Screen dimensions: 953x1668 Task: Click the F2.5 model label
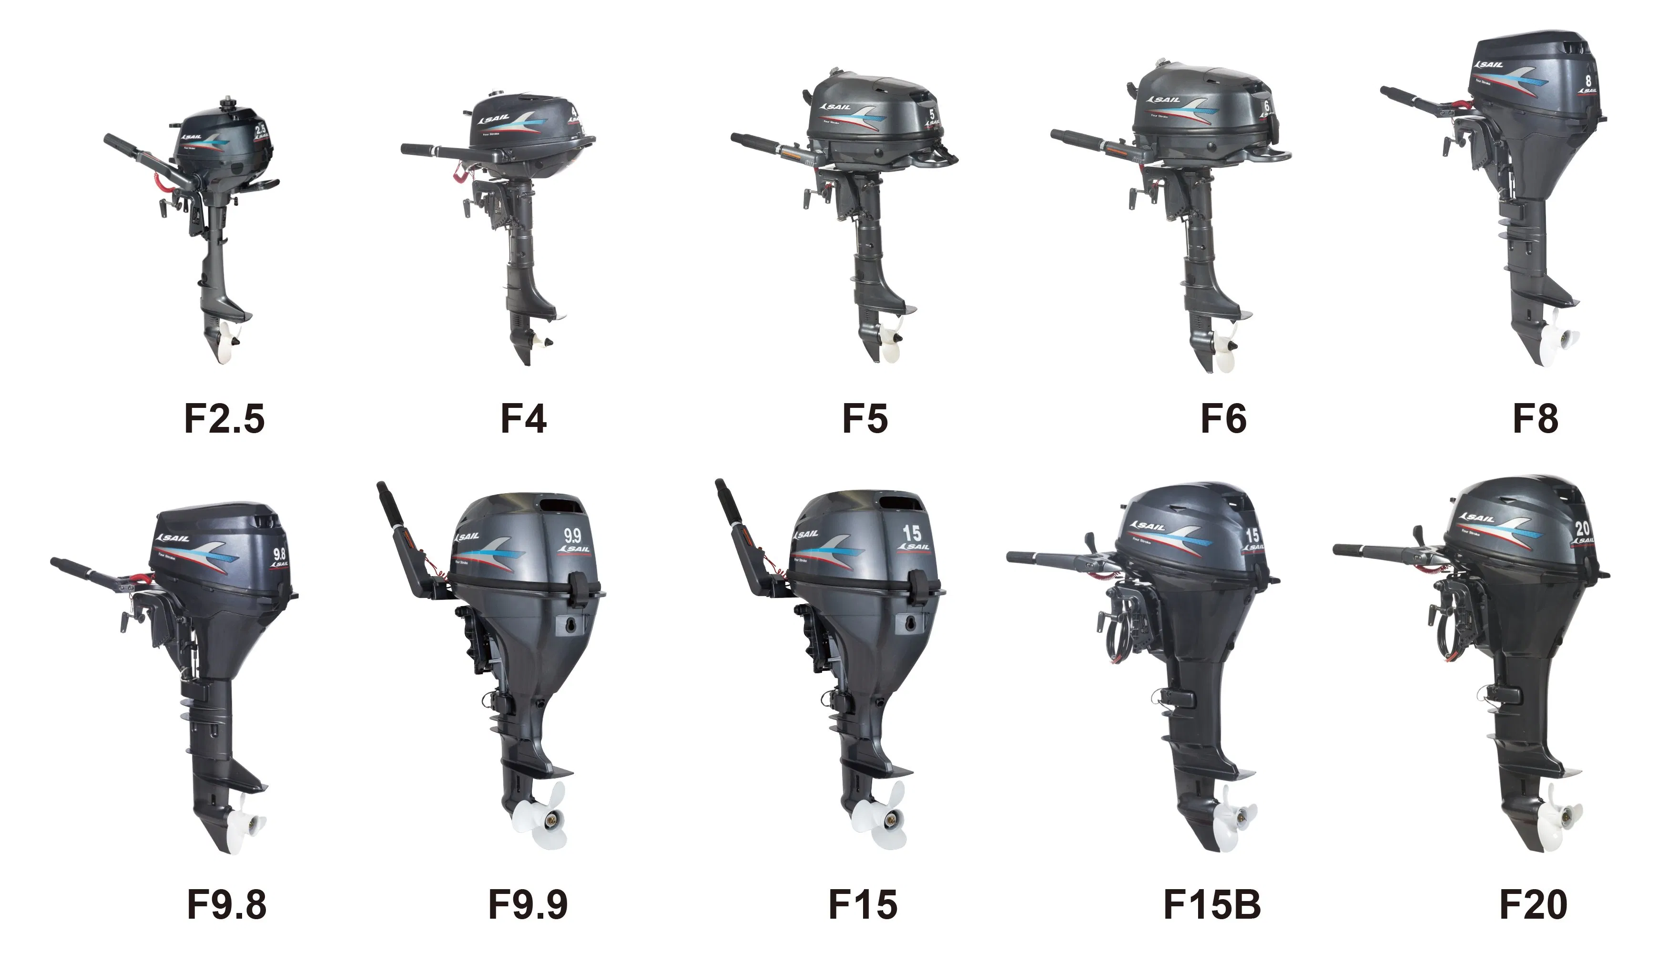pyautogui.click(x=224, y=419)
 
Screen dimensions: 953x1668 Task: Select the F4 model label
pyautogui.click(x=523, y=419)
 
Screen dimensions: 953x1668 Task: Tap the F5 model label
pyautogui.click(x=865, y=419)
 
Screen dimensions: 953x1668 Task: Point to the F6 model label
pyautogui.click(x=1223, y=419)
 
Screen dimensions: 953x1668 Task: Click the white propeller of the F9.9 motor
pyautogui.click(x=541, y=814)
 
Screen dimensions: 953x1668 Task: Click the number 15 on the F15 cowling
pyautogui.click(x=911, y=534)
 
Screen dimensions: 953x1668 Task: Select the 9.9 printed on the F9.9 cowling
pyautogui.click(x=572, y=536)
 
